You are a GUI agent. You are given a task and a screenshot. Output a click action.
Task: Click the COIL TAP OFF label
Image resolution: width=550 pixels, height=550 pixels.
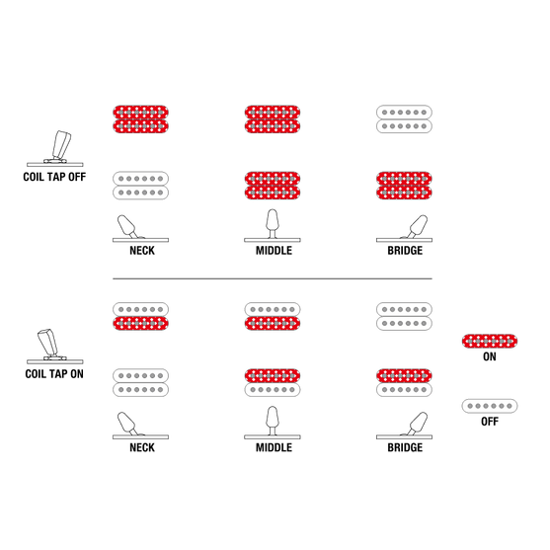(54, 177)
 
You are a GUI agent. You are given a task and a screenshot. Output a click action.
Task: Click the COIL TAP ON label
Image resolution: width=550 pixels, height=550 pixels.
(54, 374)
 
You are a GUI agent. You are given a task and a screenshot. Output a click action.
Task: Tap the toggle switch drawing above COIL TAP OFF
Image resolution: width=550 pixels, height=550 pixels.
(56, 148)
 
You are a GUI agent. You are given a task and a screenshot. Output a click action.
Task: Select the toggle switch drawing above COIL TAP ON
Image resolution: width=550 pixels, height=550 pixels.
(54, 346)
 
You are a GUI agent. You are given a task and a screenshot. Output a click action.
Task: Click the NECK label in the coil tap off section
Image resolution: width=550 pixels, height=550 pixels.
(142, 251)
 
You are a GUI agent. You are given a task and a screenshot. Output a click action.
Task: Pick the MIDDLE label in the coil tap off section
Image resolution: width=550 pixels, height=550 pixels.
(274, 251)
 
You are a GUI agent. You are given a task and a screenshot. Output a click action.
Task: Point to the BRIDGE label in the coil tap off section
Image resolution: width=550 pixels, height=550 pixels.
(405, 251)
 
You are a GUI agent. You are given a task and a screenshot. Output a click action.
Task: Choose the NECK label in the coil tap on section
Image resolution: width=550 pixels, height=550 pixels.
(142, 447)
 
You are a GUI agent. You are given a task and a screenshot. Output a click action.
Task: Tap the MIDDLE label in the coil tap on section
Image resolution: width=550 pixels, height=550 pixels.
(274, 447)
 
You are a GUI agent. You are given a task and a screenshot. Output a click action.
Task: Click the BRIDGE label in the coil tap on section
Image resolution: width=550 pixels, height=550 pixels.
(405, 447)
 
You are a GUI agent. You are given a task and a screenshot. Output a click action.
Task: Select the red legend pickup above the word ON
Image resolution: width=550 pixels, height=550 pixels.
(490, 342)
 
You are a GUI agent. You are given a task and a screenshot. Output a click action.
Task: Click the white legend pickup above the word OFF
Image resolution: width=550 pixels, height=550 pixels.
(490, 406)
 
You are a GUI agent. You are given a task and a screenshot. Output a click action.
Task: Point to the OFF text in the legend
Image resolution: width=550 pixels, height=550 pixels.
(490, 422)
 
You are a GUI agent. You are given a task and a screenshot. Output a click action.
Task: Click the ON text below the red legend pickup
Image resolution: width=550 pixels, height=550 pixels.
(490, 356)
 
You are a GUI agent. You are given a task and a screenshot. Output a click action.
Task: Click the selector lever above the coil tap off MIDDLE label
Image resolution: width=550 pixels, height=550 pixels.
(273, 224)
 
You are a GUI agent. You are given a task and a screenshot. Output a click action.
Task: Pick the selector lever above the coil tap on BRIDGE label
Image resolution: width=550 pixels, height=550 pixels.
(418, 425)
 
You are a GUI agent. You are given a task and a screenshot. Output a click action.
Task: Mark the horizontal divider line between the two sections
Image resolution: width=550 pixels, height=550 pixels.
(273, 278)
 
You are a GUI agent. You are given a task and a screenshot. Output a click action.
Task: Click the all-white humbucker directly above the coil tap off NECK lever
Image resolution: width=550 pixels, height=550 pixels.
(140, 186)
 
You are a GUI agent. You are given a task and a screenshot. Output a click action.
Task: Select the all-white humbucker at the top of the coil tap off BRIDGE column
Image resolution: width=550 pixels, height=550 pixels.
(404, 119)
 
